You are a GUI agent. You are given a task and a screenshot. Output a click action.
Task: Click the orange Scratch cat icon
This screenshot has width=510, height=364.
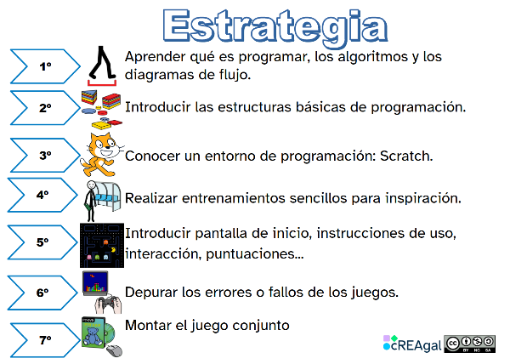coord(101,154)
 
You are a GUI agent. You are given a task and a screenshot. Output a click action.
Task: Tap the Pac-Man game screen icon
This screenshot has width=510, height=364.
coord(101,244)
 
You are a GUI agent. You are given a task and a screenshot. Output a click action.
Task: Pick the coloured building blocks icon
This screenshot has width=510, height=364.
coord(100,107)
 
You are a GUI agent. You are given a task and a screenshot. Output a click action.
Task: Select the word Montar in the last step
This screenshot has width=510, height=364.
coord(149,325)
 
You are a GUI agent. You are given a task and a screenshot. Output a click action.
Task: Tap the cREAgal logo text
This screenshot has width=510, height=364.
coord(414,344)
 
